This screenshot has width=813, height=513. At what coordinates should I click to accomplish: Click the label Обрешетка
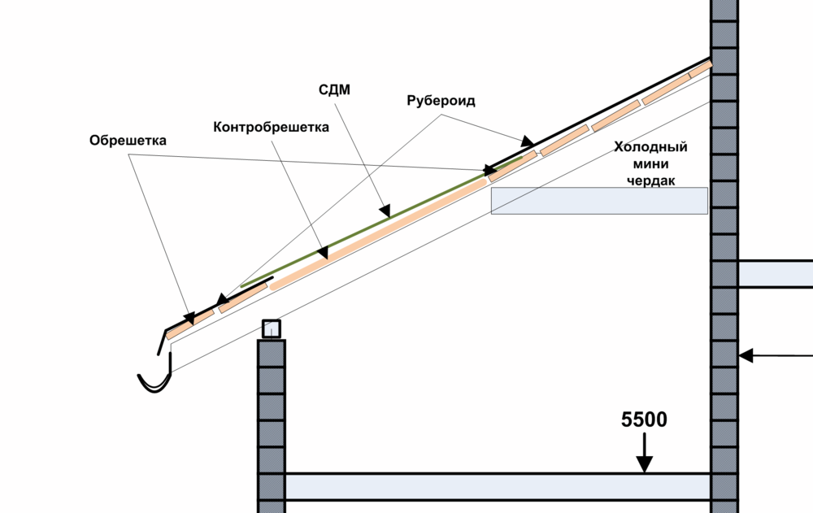[128, 141]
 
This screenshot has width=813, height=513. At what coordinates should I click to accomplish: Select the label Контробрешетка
[272, 128]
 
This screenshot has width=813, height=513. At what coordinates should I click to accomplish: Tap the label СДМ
[333, 90]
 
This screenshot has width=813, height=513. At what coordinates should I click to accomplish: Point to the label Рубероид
[440, 102]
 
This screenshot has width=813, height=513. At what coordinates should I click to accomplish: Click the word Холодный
[650, 147]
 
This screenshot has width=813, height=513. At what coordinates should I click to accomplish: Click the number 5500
[644, 420]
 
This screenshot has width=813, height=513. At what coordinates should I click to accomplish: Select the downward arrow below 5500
[644, 455]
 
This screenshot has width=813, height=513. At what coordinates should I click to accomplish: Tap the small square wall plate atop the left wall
[272, 328]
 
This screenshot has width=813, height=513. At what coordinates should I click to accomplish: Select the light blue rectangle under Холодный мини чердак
[598, 201]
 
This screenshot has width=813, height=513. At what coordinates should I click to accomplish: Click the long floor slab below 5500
[498, 486]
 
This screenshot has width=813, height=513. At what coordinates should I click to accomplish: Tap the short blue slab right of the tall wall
[775, 273]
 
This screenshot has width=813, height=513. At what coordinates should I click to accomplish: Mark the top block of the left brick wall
[272, 352]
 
